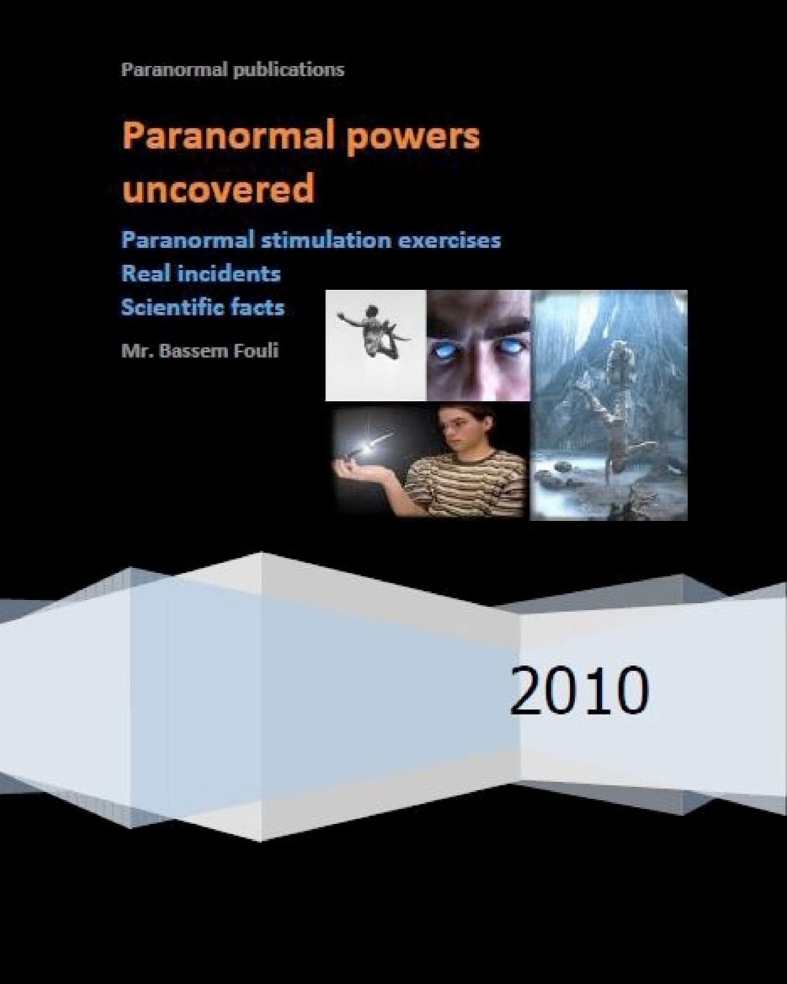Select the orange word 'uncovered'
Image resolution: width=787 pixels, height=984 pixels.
coord(218,189)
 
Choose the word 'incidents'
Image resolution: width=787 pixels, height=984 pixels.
coord(232,273)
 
